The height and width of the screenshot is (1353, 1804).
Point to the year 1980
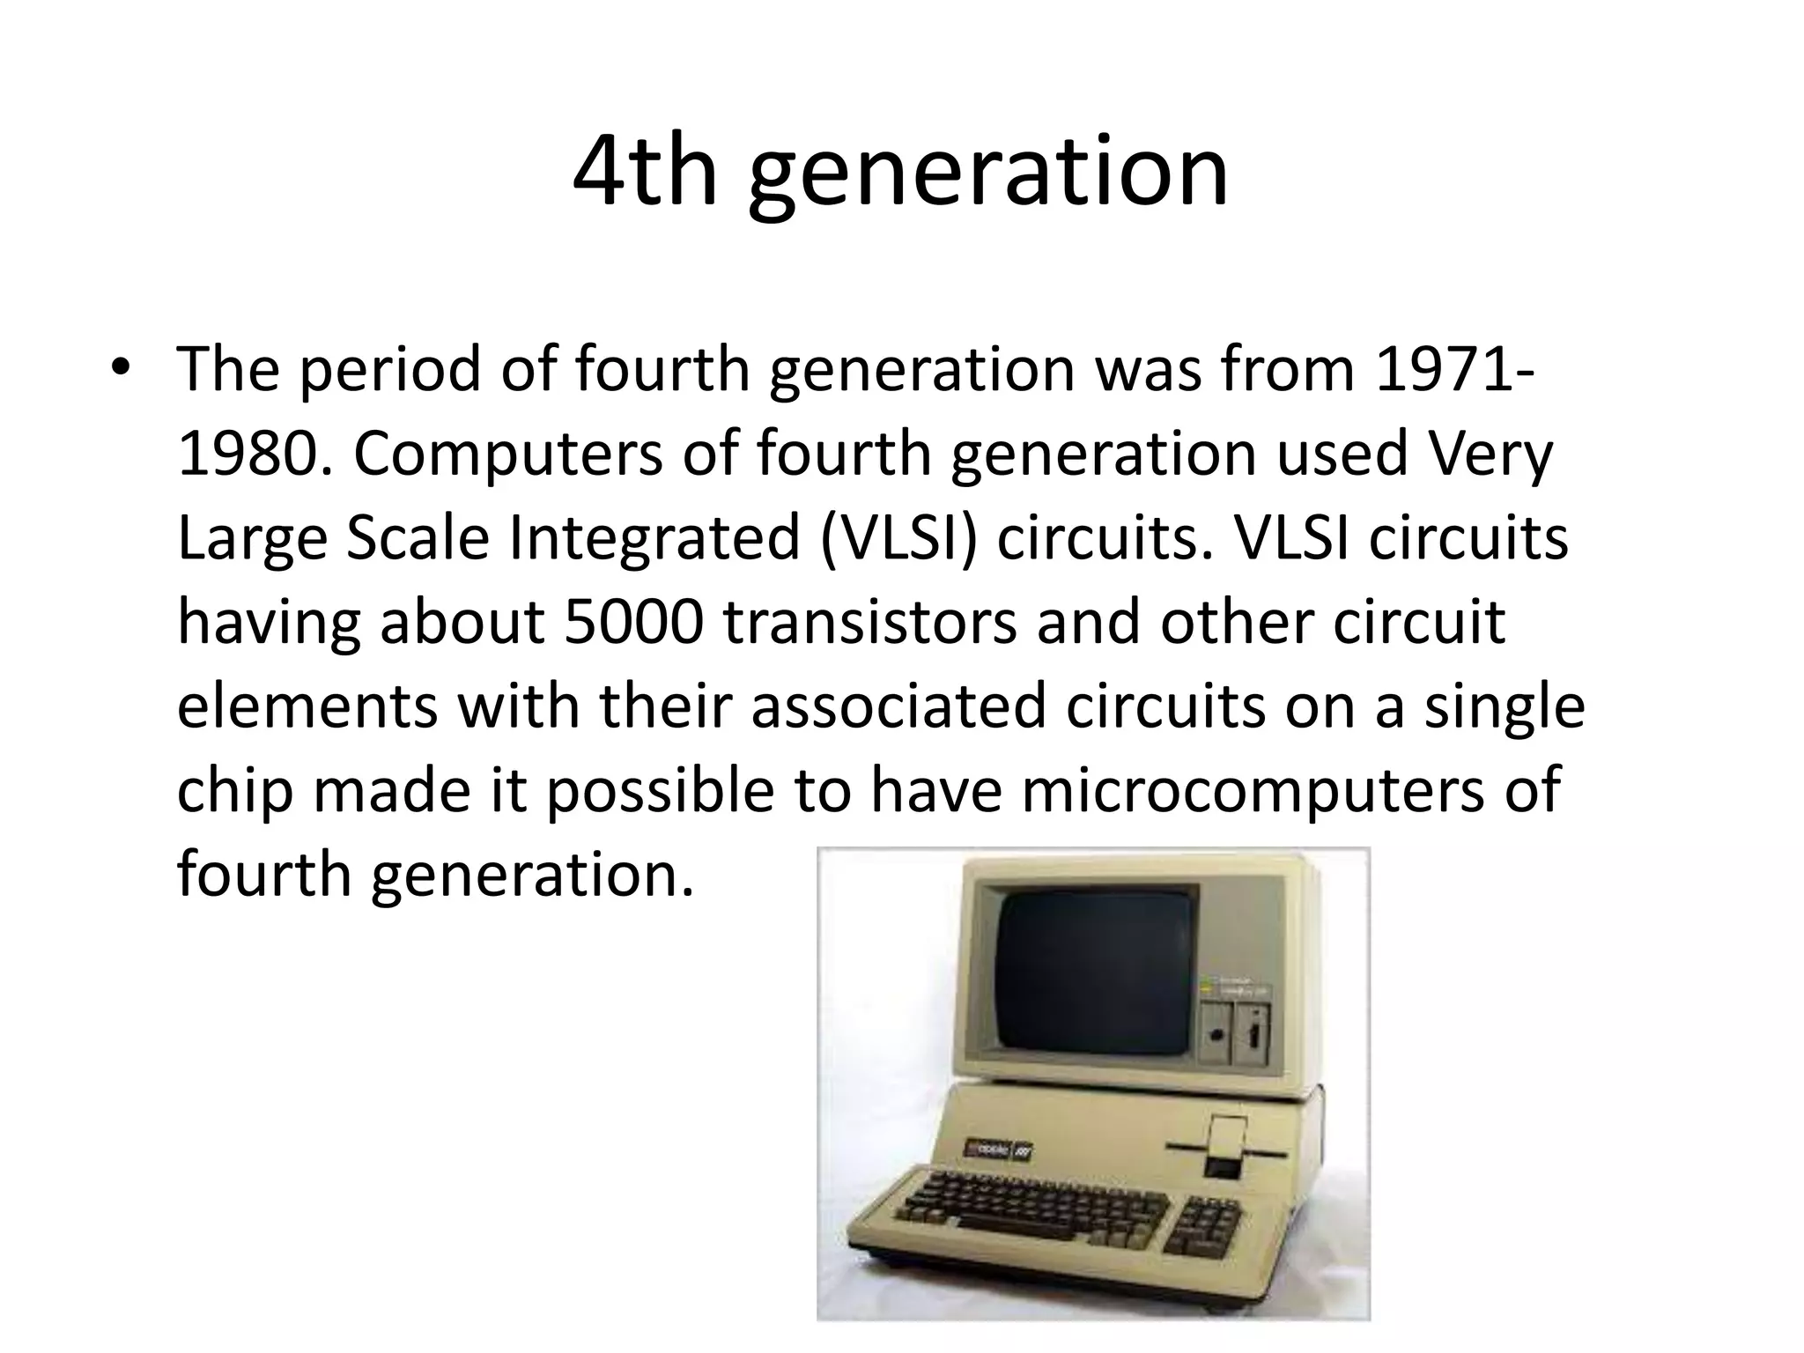pos(248,454)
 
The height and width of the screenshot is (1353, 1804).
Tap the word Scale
pos(417,538)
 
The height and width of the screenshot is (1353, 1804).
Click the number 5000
pos(632,622)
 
